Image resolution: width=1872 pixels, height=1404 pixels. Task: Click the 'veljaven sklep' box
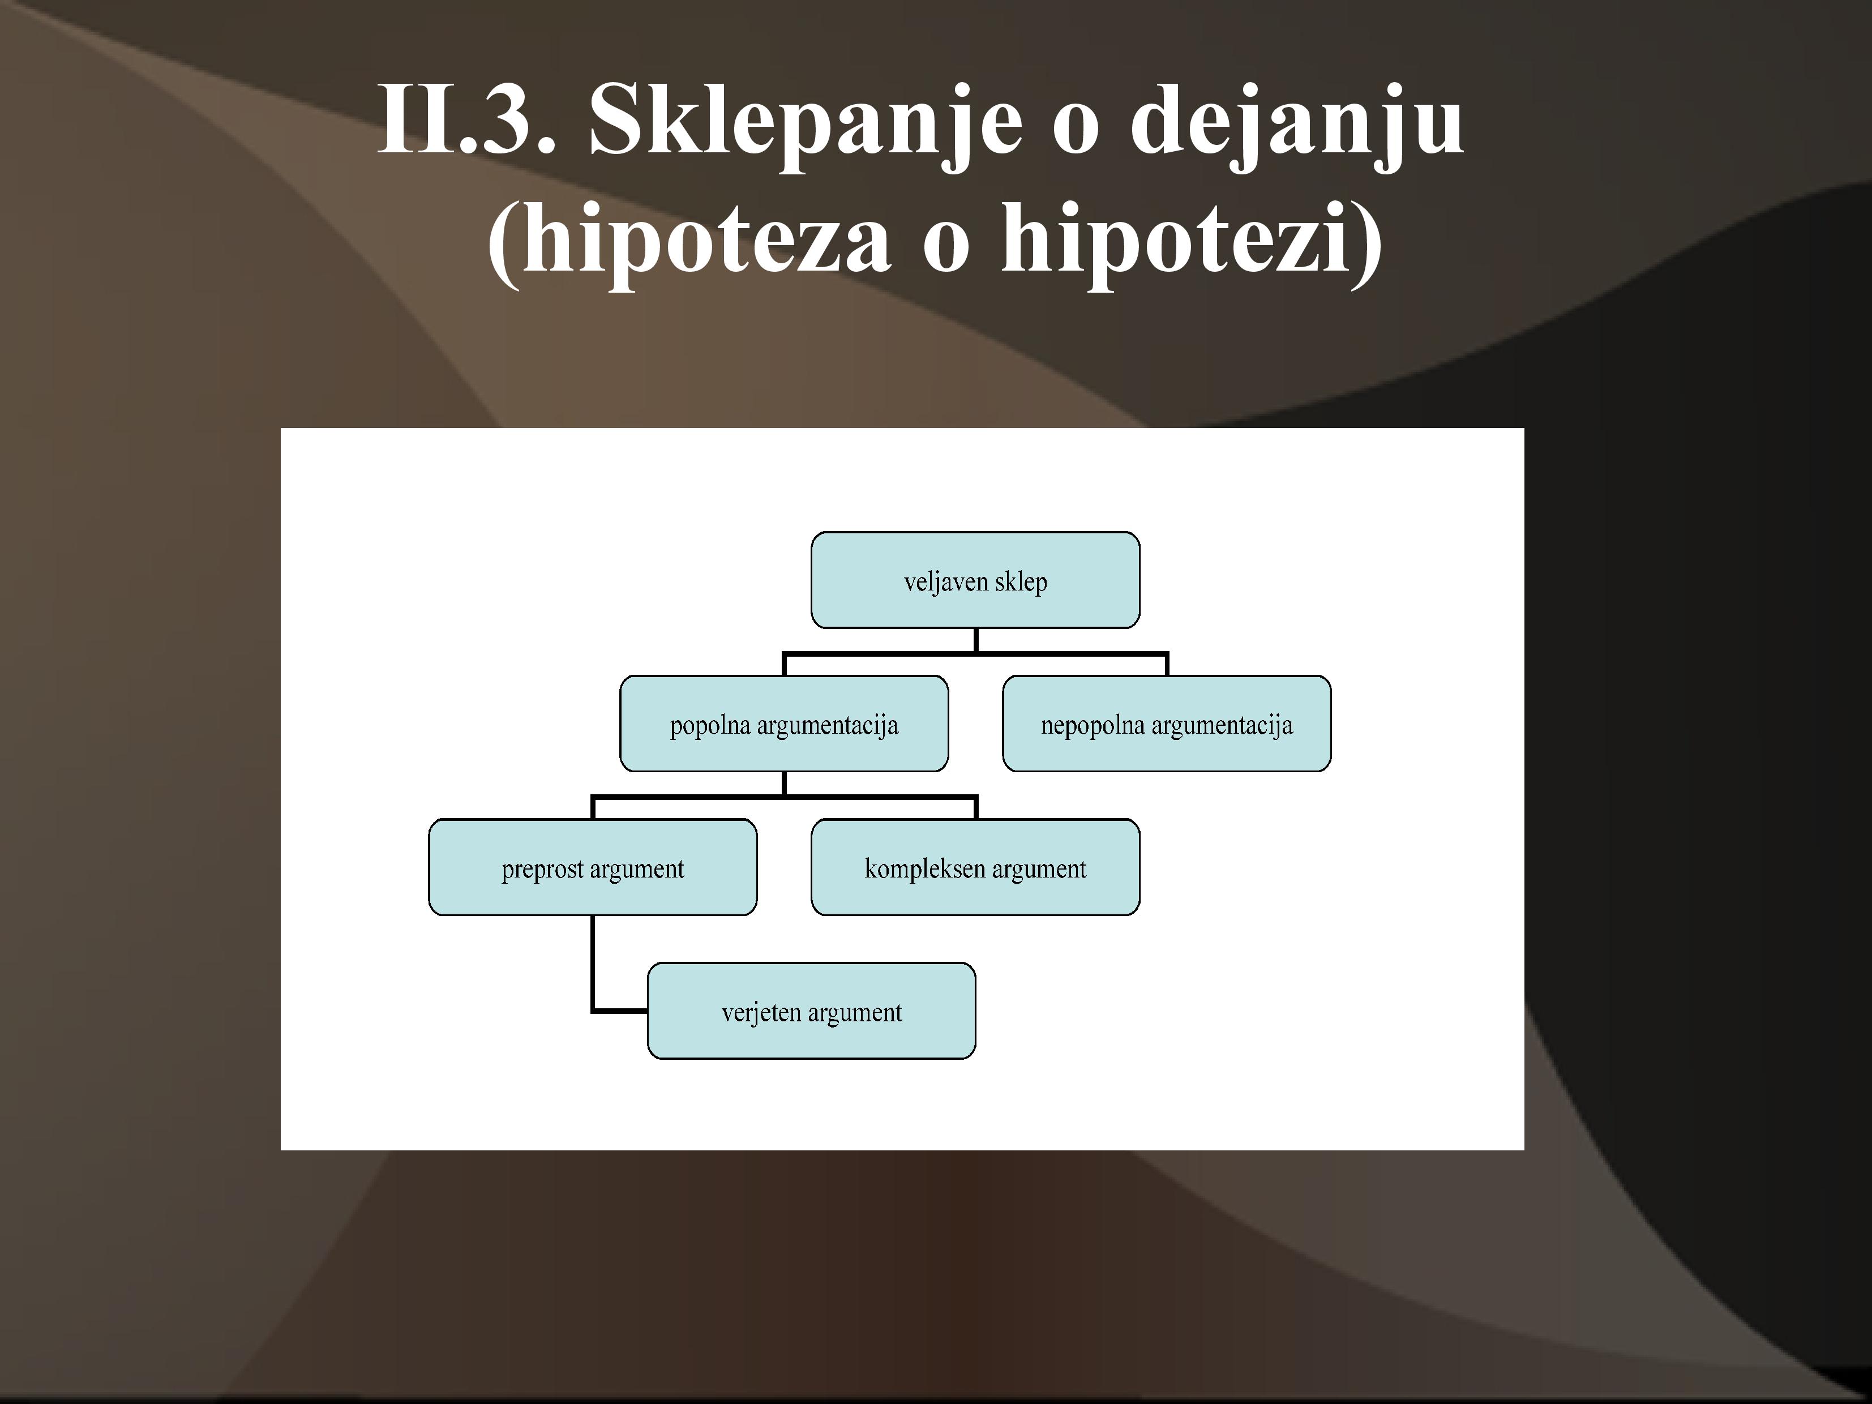click(x=975, y=580)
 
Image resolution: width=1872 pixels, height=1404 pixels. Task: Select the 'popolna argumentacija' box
click(x=783, y=724)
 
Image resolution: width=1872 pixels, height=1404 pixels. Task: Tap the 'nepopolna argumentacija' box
click(x=1166, y=724)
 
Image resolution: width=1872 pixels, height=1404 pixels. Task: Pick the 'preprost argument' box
click(x=593, y=867)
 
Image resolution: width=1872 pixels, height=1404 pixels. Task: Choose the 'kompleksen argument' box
click(x=975, y=867)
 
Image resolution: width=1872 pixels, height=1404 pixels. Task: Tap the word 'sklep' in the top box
click(x=1021, y=582)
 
